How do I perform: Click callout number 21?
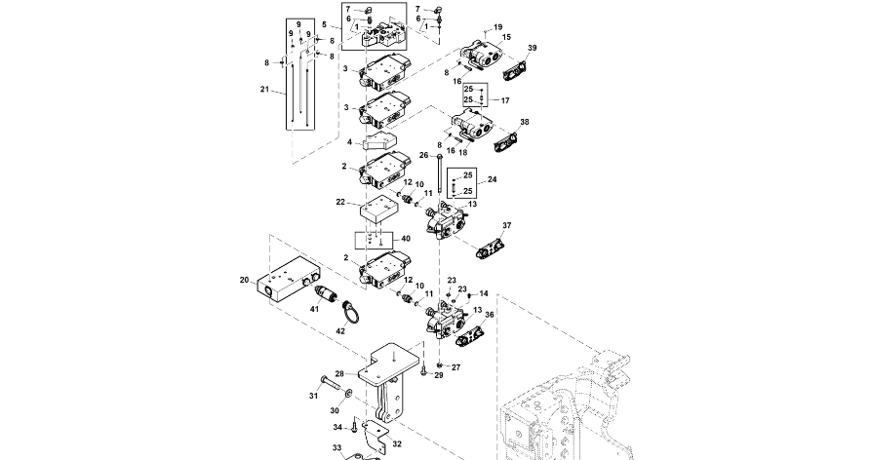[x=264, y=90]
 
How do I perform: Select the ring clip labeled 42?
[x=350, y=313]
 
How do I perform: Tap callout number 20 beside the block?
[x=244, y=280]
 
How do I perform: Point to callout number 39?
[x=532, y=48]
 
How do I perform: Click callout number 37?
[x=507, y=225]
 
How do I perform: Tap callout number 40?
[x=406, y=239]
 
